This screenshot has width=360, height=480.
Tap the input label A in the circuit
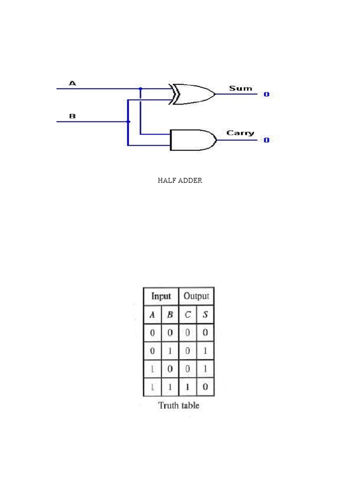tap(73, 83)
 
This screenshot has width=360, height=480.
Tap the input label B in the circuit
tap(73, 116)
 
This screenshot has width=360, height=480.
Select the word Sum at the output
tap(240, 88)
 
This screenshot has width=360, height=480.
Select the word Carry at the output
tap(240, 133)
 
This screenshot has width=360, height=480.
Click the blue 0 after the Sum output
tap(266, 94)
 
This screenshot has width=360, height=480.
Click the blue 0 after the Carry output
tap(266, 140)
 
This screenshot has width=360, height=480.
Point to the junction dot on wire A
tap(141, 88)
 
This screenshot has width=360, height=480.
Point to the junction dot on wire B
tap(128, 122)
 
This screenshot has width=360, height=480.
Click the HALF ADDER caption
tap(180, 180)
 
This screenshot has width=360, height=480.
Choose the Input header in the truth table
tap(161, 296)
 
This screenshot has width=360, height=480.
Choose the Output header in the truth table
tap(196, 296)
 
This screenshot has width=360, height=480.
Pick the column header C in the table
tap(187, 315)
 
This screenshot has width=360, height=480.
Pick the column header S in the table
tap(205, 315)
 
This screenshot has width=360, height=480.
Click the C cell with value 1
tap(187, 387)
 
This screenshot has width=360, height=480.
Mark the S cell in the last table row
tap(205, 387)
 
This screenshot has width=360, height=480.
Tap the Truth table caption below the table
tap(179, 405)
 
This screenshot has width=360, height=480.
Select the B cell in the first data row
tap(170, 333)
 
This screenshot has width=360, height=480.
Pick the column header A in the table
tap(152, 315)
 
